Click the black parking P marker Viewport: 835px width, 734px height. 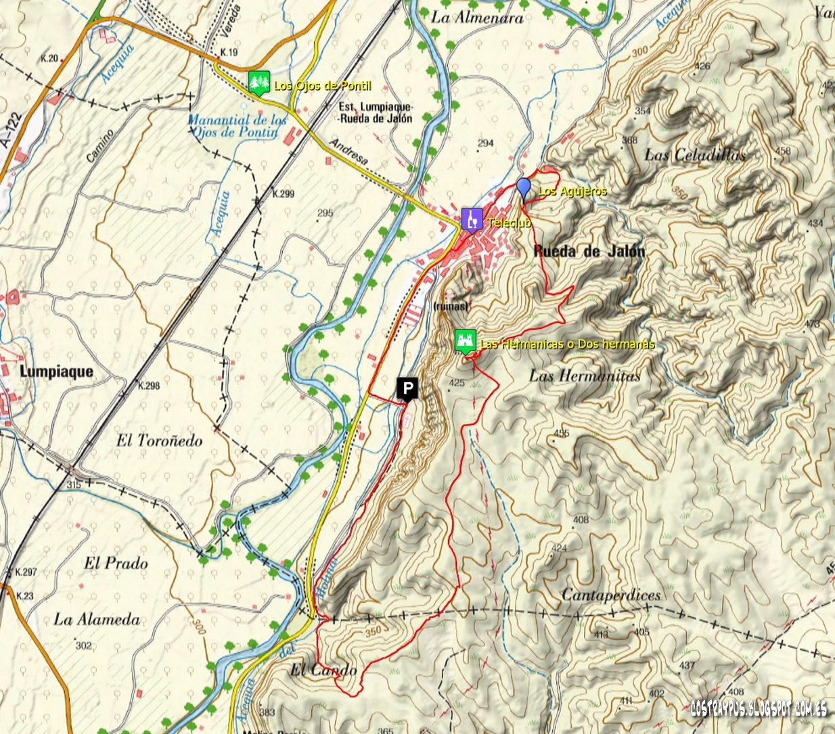407,389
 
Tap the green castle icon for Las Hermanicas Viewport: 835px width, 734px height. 465,342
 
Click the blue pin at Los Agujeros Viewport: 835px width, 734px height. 523,187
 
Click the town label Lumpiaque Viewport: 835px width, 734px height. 57,371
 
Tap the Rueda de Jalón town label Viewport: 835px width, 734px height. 589,252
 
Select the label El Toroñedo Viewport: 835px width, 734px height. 159,440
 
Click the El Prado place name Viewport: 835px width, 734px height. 116,563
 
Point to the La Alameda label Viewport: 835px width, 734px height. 97,619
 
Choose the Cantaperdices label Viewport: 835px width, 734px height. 611,595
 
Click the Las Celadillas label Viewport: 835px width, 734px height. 695,155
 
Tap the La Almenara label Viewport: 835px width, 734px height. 477,18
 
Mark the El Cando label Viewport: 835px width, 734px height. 323,670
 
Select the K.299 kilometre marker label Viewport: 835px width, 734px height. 283,193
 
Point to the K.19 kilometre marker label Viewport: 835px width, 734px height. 229,52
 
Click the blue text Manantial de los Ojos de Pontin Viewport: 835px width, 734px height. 236,126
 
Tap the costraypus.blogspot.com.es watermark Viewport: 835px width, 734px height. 758,708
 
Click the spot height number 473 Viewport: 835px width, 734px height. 811,324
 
